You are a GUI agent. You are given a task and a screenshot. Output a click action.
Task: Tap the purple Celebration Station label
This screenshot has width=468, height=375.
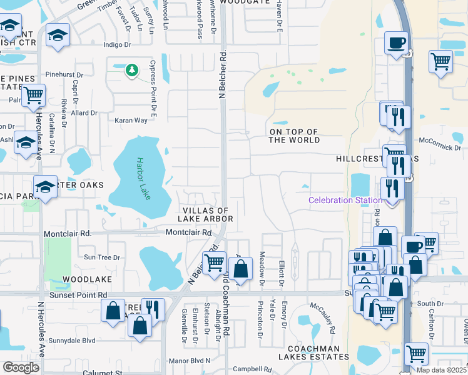pos(345,200)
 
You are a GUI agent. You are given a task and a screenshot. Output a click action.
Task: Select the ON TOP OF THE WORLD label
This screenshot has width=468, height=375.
pos(293,136)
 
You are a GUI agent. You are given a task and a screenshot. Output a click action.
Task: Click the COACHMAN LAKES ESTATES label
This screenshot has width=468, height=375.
pos(318,352)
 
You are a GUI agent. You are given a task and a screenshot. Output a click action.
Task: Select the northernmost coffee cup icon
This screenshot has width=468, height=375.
pos(395,43)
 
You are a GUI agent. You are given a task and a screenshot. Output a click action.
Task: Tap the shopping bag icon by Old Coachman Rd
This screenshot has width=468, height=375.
pos(240,269)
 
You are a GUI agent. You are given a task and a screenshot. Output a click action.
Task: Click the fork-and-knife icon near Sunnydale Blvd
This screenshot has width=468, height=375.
pos(152,309)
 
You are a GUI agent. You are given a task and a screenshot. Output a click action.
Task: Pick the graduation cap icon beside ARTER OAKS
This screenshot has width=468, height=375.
pos(46,187)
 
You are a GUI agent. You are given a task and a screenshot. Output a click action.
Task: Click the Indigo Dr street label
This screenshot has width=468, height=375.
pos(118,45)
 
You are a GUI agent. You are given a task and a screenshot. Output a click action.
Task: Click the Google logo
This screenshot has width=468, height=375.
pos(21,367)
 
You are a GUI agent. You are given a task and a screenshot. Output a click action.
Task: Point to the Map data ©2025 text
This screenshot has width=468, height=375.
pos(442,370)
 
